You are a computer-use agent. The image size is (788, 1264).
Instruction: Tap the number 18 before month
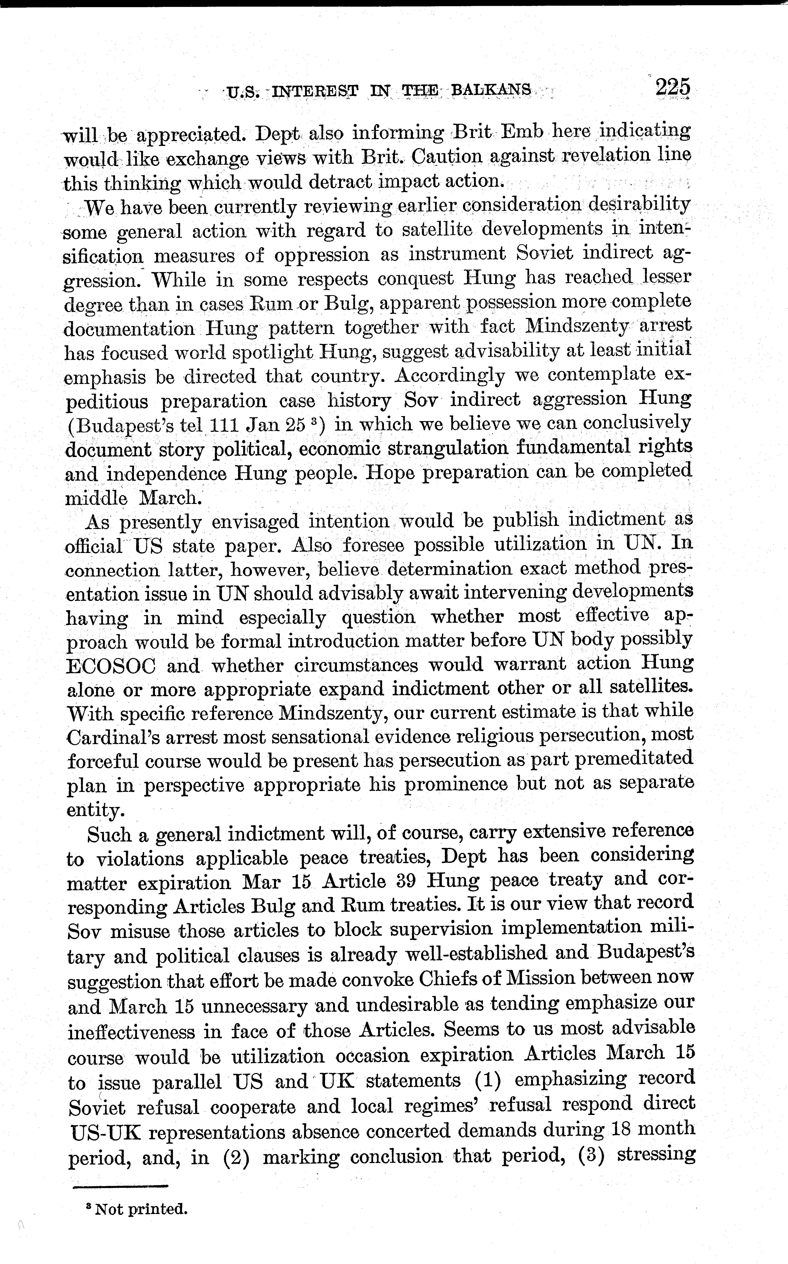(x=618, y=1129)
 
